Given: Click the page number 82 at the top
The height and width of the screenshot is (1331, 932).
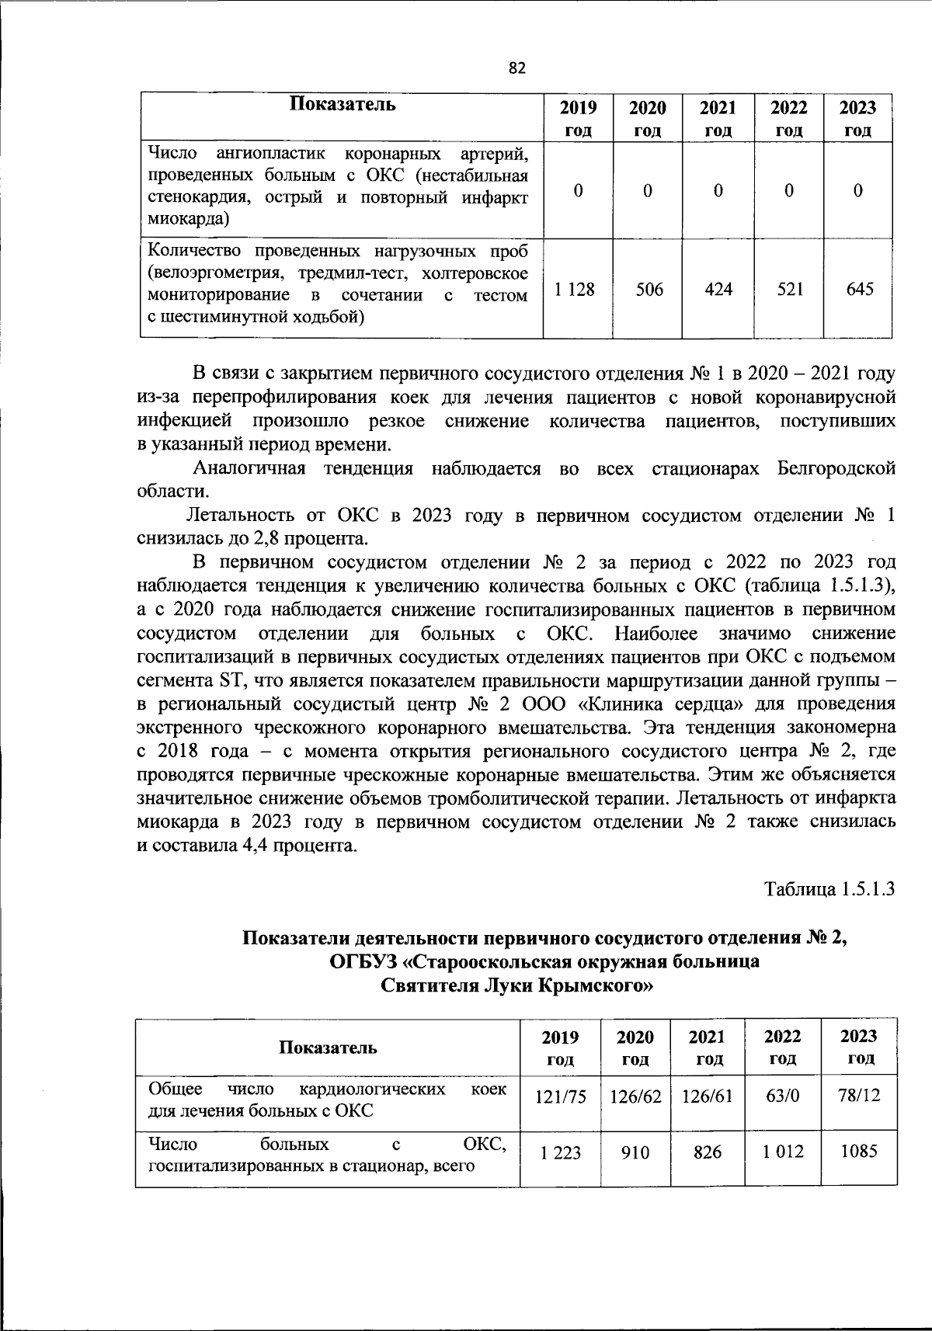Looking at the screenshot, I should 517,68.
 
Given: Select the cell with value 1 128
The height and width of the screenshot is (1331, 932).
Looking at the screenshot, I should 575,289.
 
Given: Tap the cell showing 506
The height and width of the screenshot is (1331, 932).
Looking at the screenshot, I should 649,289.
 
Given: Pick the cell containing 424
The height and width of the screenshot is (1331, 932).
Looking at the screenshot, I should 718,289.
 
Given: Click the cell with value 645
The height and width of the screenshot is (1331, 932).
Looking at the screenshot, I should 858,289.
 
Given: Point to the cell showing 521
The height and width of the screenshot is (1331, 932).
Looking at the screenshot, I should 788,289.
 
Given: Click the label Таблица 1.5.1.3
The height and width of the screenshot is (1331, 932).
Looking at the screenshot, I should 829,888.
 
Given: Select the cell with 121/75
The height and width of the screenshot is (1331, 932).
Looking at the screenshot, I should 561,1096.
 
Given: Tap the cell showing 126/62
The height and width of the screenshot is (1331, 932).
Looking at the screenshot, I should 635,1096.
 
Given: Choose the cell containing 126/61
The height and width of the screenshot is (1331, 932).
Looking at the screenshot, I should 707,1096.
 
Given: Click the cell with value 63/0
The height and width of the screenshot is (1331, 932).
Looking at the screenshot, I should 782,1096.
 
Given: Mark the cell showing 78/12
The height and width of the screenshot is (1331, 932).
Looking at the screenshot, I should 859,1096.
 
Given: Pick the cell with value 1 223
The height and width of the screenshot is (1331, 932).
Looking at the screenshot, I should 561,1152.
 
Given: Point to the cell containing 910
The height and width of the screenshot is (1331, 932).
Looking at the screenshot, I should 635,1152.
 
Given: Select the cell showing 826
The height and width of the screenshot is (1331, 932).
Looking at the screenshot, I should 707,1152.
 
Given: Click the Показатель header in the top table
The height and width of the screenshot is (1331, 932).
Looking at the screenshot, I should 343,105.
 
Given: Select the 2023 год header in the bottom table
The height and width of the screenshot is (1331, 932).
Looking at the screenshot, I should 859,1046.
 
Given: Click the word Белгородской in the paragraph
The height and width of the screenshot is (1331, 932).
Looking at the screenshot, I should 835,468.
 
